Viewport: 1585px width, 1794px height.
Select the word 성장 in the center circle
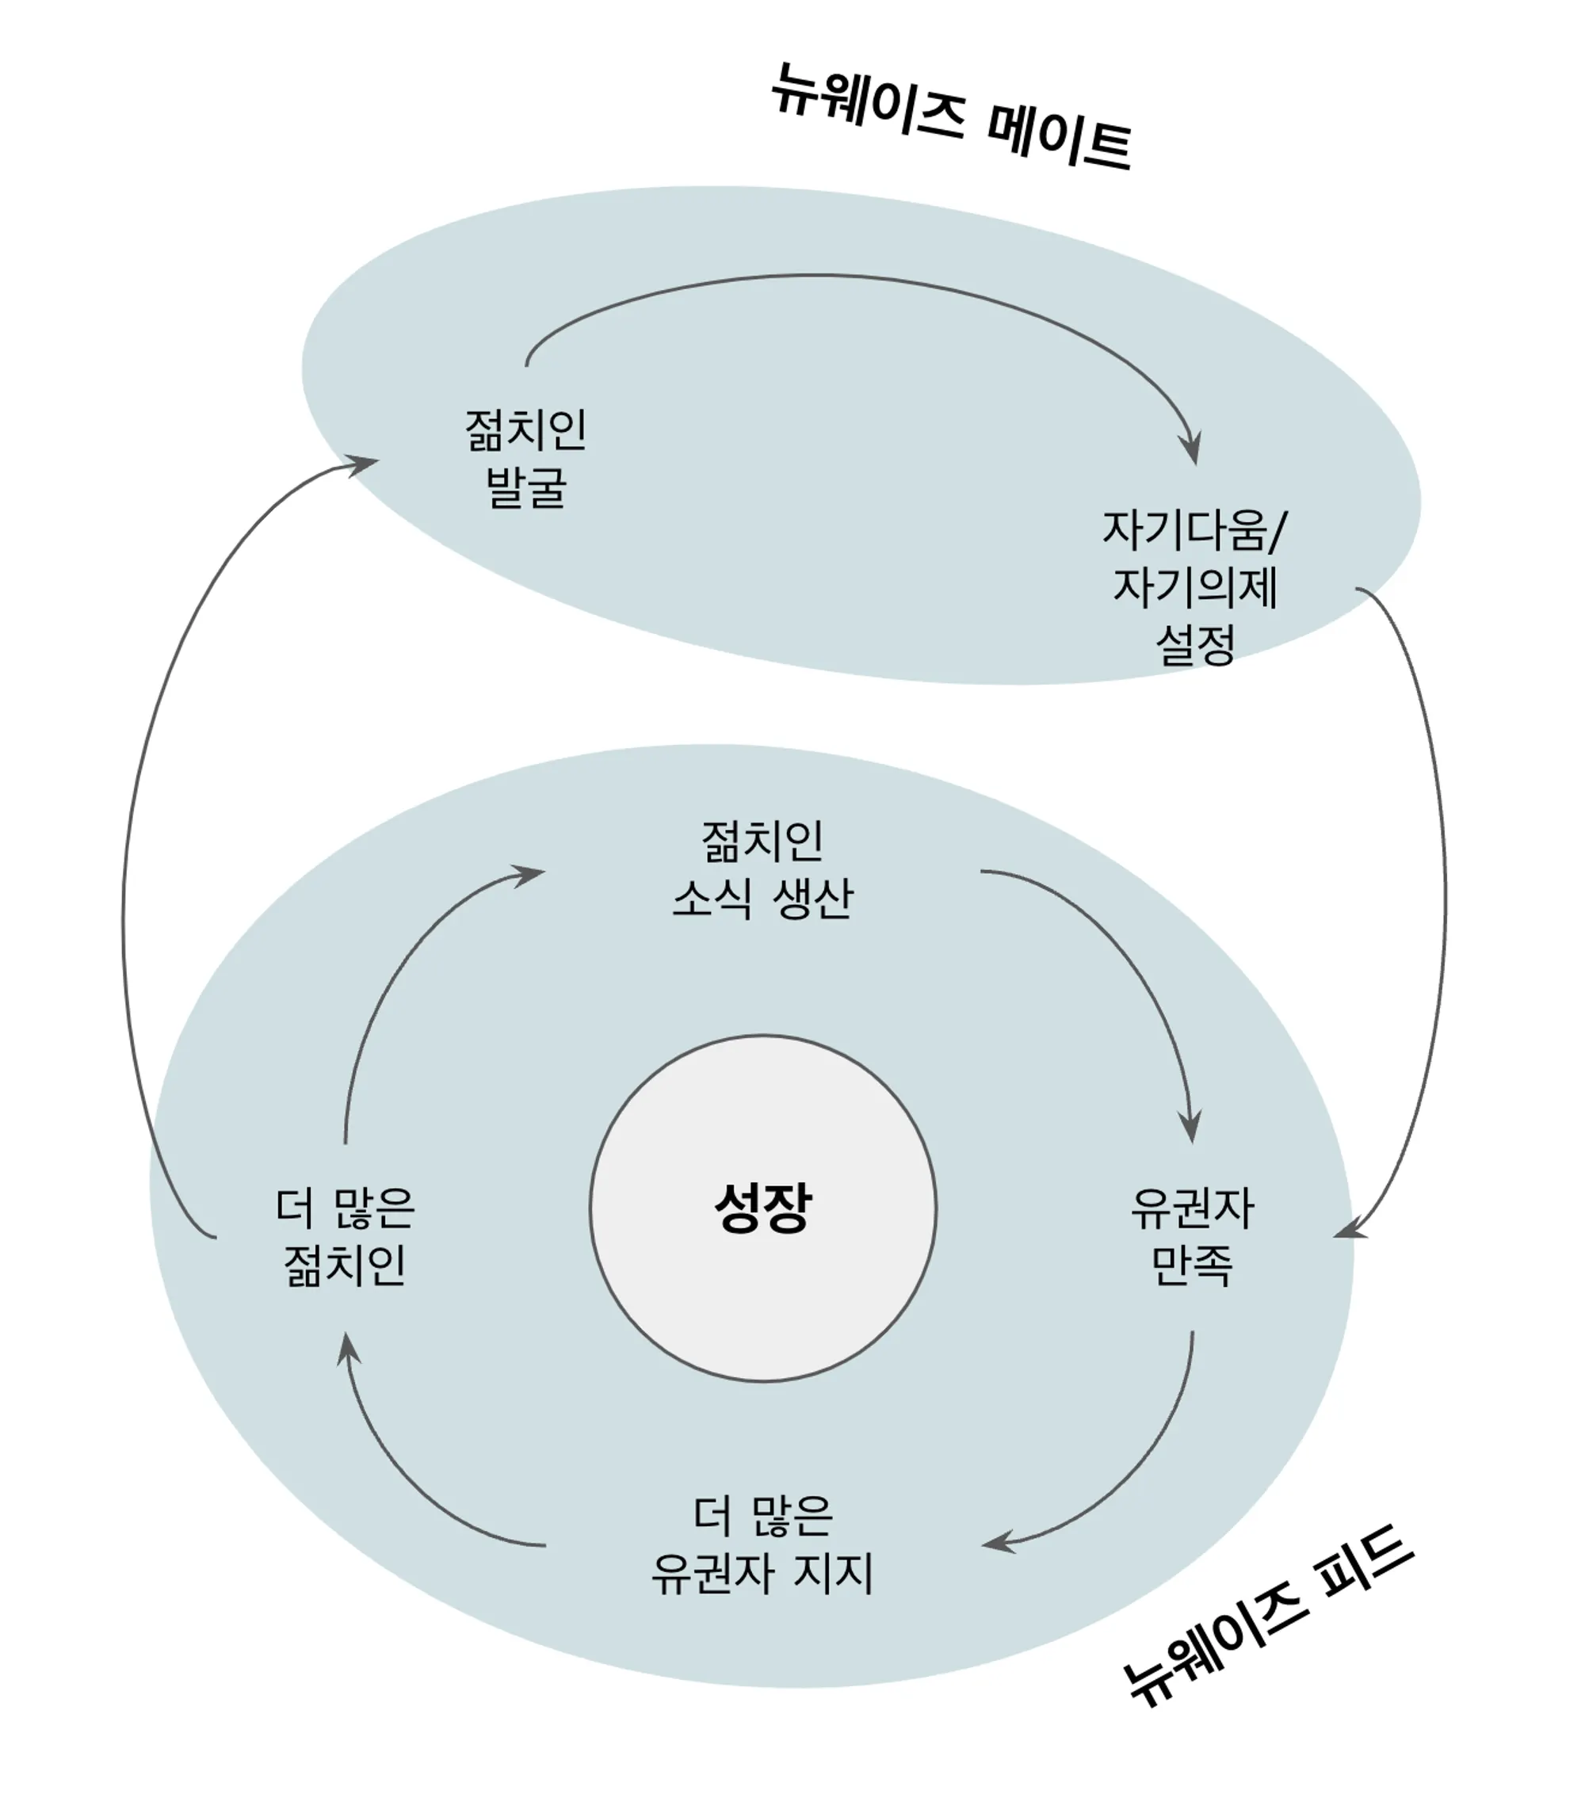762,1208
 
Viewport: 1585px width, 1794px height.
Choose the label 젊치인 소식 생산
762,869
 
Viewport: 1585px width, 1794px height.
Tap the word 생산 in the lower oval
812,898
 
